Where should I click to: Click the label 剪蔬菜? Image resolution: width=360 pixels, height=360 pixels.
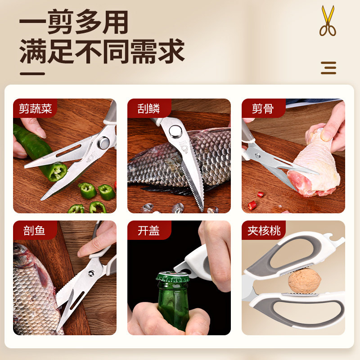coord(36,108)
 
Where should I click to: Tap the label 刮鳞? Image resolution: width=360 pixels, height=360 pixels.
coord(149,108)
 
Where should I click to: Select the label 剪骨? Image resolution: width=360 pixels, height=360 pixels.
coord(263,108)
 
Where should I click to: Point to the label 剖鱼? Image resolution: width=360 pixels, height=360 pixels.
coord(35,231)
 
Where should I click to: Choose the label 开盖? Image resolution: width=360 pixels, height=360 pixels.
coord(149,231)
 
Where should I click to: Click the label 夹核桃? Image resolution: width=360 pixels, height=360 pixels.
coord(264,231)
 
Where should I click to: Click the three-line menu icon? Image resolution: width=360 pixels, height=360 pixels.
coord(328,68)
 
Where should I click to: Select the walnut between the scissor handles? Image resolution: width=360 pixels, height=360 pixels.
coord(304,281)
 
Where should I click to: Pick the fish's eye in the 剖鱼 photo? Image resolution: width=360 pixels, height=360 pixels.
coord(19,248)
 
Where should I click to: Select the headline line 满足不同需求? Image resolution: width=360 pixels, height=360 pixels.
coord(102,51)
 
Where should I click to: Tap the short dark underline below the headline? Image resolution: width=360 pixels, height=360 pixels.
coord(32,73)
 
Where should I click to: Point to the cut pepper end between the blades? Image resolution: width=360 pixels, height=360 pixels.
coord(58,171)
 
